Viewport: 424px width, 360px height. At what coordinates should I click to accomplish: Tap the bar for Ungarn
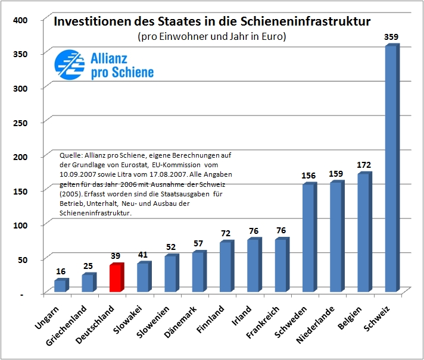pyautogui.click(x=60, y=286)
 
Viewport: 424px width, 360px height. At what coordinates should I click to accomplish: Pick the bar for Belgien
pyautogui.click(x=363, y=233)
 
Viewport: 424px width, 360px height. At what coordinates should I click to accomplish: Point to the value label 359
pyautogui.click(x=392, y=37)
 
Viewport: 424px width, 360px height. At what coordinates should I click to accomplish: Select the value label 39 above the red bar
pyautogui.click(x=117, y=256)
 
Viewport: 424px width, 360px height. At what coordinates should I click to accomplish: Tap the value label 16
pyautogui.click(x=61, y=271)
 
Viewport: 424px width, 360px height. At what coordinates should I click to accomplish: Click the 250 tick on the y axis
pyautogui.click(x=20, y=122)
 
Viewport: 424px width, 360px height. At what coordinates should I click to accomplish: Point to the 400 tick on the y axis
pyautogui.click(x=20, y=20)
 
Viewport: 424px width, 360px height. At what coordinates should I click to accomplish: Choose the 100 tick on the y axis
pyautogui.click(x=20, y=225)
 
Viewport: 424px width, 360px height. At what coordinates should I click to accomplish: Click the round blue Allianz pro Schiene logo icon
pyautogui.click(x=69, y=65)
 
